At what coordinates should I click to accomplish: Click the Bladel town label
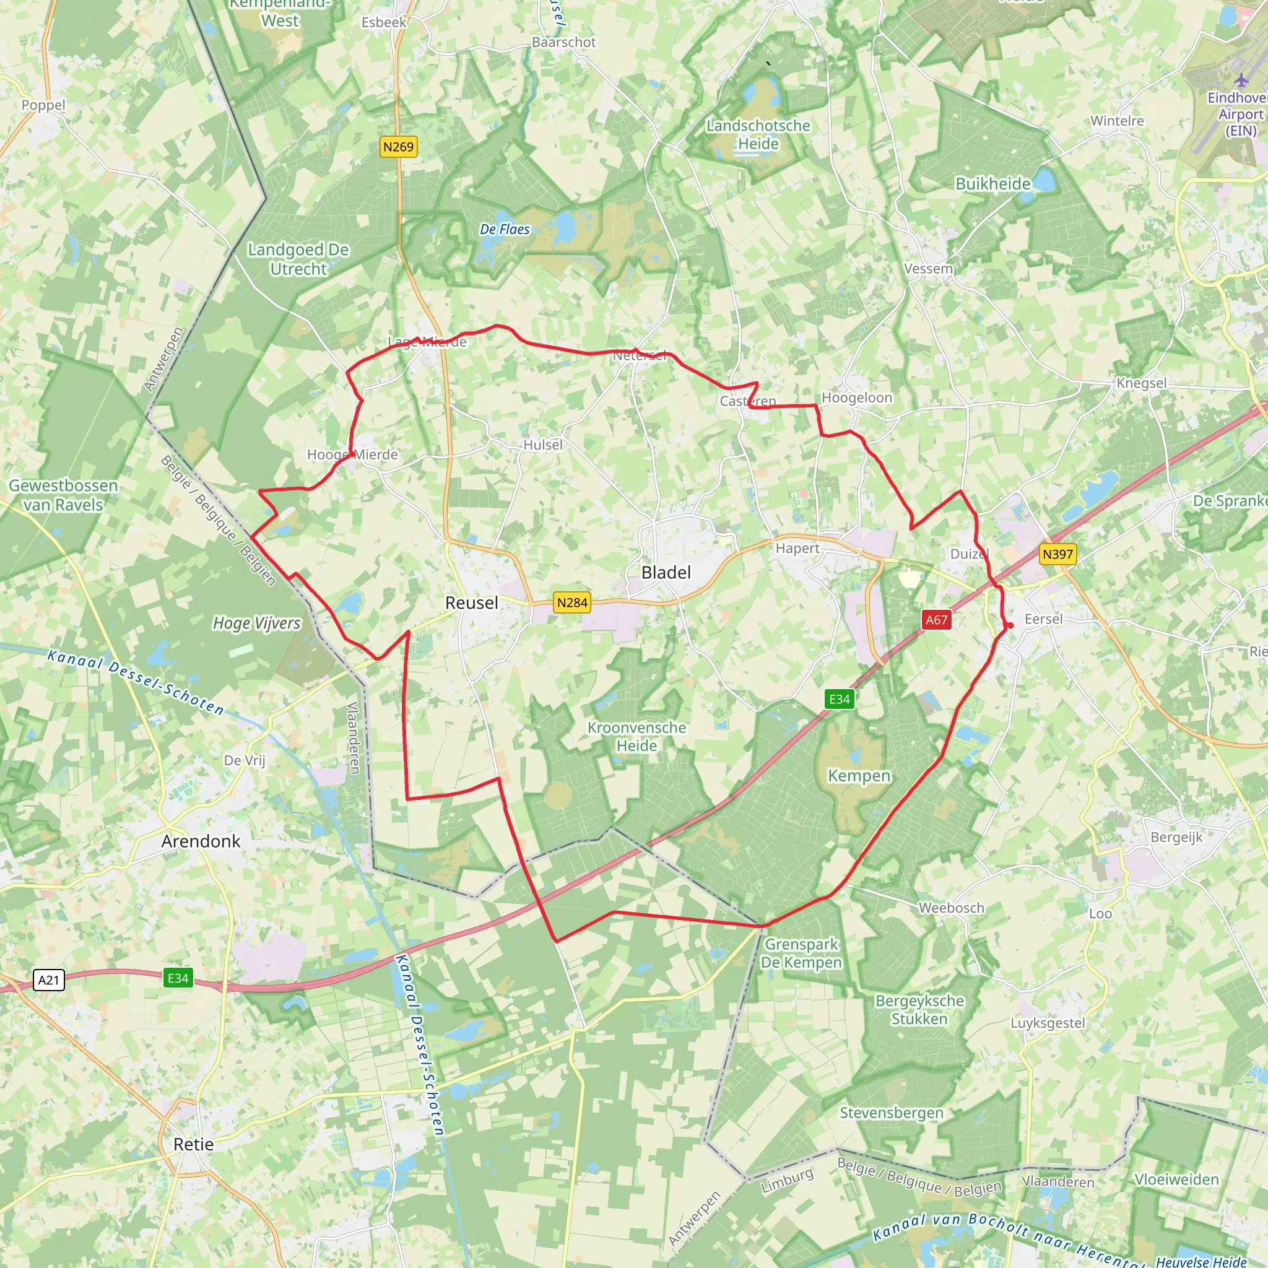tap(666, 572)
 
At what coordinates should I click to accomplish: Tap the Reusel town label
tap(471, 602)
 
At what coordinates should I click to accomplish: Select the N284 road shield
tap(571, 602)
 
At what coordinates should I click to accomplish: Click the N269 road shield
tap(398, 146)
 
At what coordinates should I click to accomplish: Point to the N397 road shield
tap(1057, 554)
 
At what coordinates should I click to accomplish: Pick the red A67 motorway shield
tap(936, 620)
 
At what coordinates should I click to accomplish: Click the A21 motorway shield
tap(48, 980)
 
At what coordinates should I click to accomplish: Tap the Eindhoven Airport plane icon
tap(1240, 80)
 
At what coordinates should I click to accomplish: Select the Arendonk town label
tap(201, 841)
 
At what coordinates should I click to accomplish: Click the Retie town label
tap(193, 1144)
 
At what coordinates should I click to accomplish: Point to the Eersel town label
tap(1043, 619)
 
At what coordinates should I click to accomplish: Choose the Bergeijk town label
tap(1176, 837)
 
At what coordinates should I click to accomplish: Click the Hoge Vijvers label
tap(256, 623)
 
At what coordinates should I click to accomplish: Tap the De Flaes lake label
tap(504, 229)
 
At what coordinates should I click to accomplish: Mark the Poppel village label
tap(43, 105)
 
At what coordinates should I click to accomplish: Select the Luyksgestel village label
tap(1048, 1023)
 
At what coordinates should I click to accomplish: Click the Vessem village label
tap(927, 269)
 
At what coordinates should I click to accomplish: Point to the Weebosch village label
tap(951, 908)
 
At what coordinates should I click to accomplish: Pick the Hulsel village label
tap(543, 445)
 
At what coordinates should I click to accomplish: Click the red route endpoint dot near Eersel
tap(1010, 625)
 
